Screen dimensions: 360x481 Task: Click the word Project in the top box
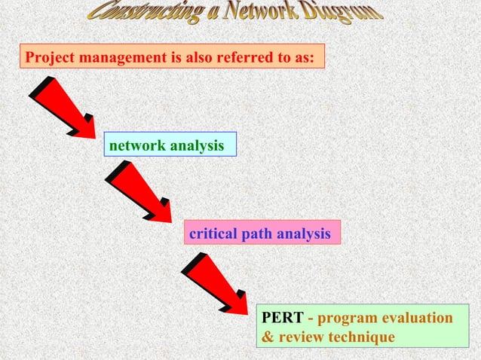47,57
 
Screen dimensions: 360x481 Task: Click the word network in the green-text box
138,145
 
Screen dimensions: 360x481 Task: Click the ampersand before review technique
267,337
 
